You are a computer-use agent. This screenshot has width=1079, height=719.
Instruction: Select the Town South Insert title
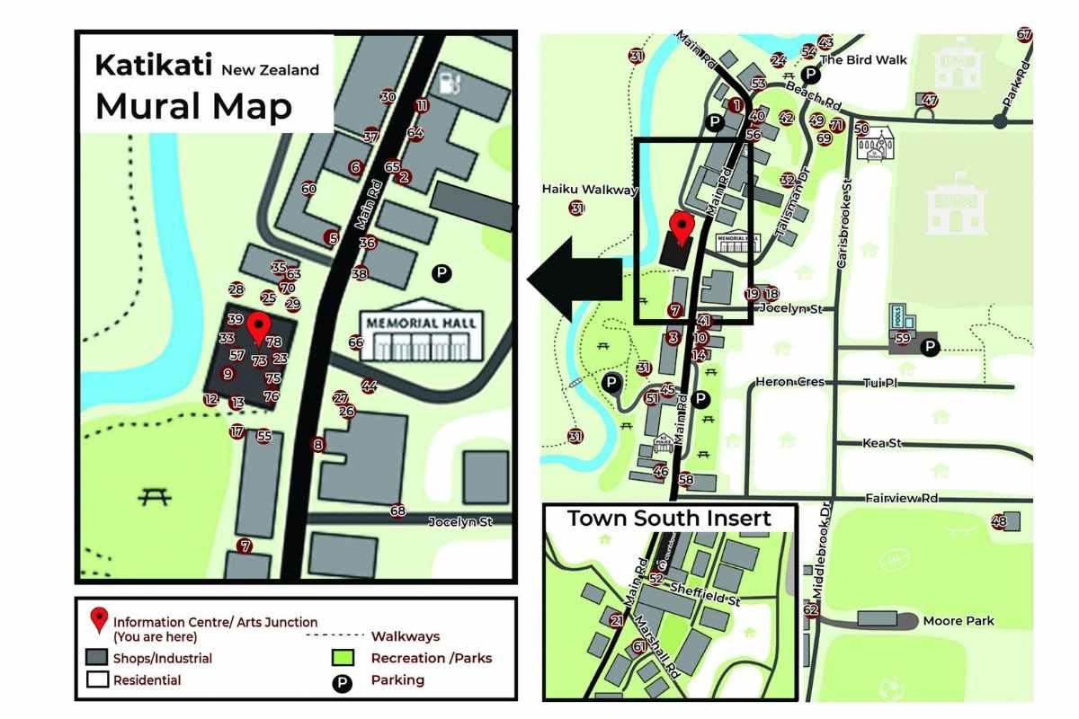click(x=669, y=519)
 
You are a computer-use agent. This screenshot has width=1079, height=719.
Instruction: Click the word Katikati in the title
click(x=154, y=66)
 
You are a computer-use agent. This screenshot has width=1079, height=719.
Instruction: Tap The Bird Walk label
click(x=863, y=60)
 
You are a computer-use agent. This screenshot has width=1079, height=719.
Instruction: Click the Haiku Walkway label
click(x=589, y=190)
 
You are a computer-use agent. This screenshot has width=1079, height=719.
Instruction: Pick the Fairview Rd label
click(x=901, y=498)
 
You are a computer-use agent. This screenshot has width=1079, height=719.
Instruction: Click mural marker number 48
click(x=998, y=521)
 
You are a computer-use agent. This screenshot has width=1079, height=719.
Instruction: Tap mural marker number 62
click(x=811, y=611)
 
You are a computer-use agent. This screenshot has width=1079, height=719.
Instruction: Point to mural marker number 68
click(x=398, y=510)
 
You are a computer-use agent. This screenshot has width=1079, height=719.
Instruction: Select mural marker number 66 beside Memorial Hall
click(x=356, y=342)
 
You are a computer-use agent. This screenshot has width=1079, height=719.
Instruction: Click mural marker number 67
click(x=1024, y=35)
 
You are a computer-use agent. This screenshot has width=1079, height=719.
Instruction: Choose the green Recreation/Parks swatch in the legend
click(x=342, y=659)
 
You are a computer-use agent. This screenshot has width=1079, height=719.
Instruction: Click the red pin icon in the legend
click(x=98, y=619)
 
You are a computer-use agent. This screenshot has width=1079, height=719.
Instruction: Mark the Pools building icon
click(x=900, y=316)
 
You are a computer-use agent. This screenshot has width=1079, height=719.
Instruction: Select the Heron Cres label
click(x=789, y=382)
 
